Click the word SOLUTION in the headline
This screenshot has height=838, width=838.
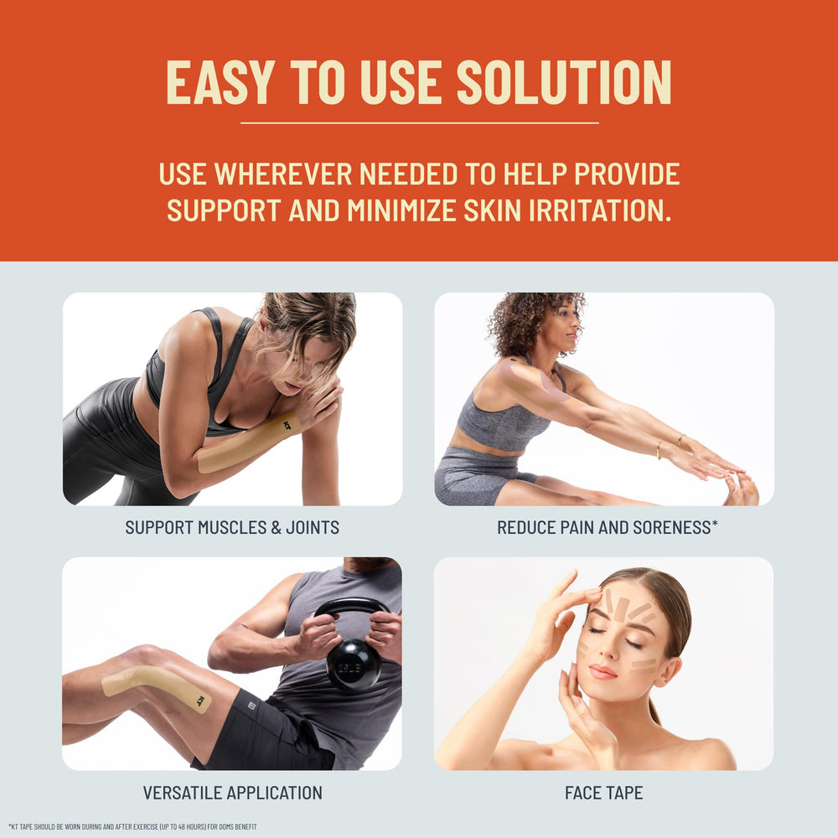tap(564, 82)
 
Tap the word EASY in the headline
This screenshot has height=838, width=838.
tap(220, 82)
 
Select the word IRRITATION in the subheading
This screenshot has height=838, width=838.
tap(600, 210)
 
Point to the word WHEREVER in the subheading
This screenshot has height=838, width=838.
tap(283, 173)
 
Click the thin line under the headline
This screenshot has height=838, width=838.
tap(419, 123)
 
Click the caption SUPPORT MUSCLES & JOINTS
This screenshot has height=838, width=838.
tap(232, 527)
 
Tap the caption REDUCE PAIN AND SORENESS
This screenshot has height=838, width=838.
tap(607, 527)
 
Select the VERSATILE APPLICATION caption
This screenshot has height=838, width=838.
tap(232, 793)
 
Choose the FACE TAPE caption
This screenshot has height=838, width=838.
tap(604, 793)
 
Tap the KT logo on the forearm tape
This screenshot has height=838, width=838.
tap(288, 426)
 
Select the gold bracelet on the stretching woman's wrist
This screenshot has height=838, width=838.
tap(659, 449)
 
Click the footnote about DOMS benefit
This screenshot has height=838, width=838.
tap(132, 827)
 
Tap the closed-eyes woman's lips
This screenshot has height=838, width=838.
tap(603, 672)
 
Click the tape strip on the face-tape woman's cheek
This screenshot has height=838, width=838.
tap(643, 666)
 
